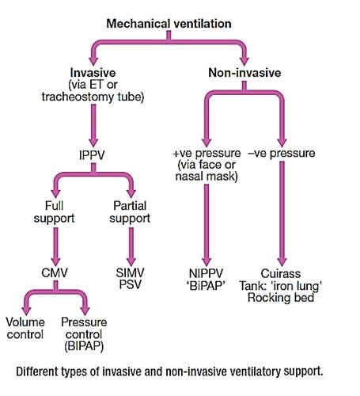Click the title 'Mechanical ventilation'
(x=169, y=23)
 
